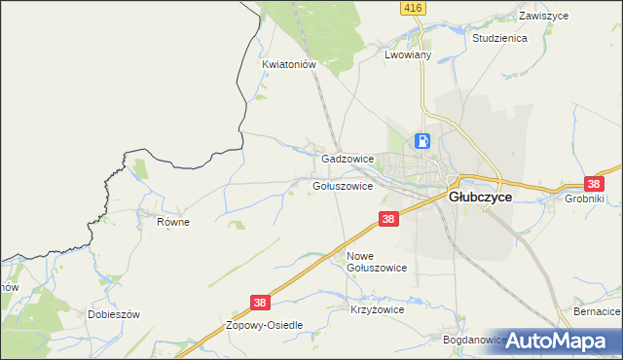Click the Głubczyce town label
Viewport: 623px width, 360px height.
coord(480,196)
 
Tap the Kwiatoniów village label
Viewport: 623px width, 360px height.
coord(290,64)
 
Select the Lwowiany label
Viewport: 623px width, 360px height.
coord(408,56)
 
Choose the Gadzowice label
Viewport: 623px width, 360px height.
coord(348,158)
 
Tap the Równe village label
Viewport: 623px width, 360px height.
coord(173,222)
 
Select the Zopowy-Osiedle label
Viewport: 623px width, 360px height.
coord(266,325)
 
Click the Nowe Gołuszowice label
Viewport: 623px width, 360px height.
coord(377,261)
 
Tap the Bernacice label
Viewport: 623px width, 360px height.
coord(597,311)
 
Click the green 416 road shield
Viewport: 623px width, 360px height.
coord(412,8)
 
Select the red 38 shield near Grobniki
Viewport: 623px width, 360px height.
coord(594,183)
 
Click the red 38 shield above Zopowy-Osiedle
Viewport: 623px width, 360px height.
coord(260,304)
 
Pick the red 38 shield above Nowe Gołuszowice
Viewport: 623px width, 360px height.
coord(388,220)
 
